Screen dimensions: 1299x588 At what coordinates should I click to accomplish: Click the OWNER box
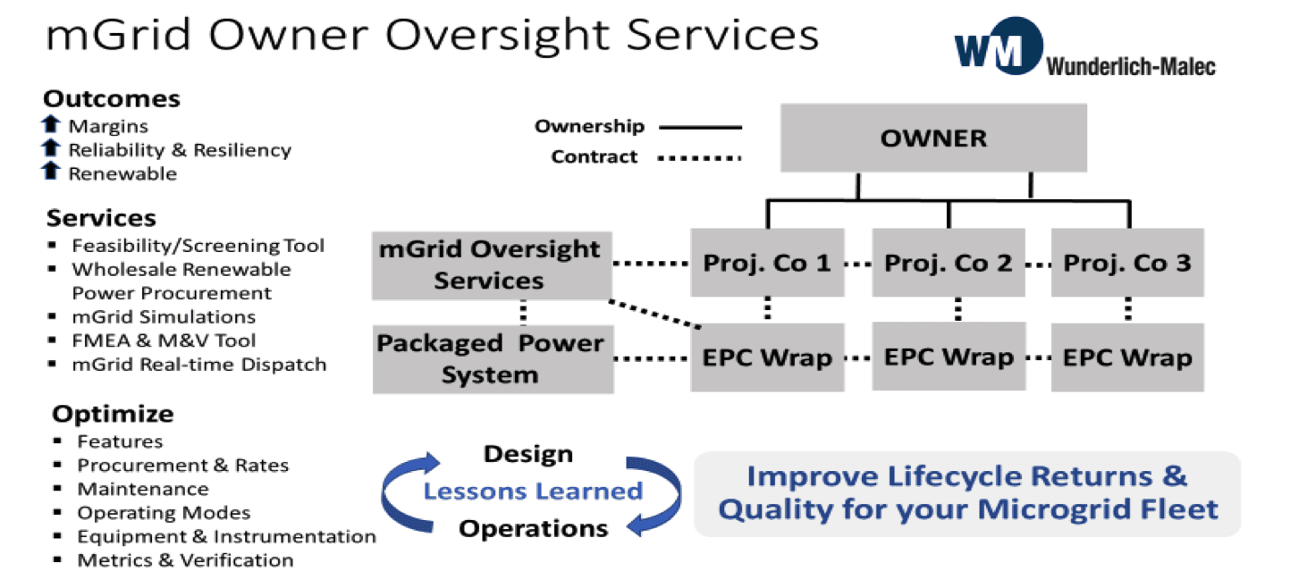pos(933,138)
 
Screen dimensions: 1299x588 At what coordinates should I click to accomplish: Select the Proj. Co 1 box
pos(767,263)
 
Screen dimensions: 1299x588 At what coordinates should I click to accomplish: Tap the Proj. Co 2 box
pos(949,263)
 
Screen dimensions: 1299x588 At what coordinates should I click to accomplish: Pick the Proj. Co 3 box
pos(1127,263)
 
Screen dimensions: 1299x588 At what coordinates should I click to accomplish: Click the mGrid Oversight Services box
pos(492,265)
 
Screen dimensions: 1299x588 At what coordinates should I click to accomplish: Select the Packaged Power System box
pos(493,359)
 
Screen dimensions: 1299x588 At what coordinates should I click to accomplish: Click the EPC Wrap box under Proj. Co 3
pos(1127,357)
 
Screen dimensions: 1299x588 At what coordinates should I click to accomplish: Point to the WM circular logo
pos(1000,46)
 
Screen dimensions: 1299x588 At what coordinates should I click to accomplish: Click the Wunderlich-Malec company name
pos(1131,67)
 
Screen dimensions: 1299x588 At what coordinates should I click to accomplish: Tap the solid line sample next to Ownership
pos(701,127)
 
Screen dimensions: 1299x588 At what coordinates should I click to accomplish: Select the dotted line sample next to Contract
pos(699,158)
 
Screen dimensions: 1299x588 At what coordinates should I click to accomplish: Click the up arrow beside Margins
pos(51,123)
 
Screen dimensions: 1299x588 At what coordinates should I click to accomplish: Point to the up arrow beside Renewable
pos(51,171)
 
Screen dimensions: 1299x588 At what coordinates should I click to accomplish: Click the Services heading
pos(102,218)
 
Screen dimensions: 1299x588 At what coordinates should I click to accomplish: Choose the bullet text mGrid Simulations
pos(164,316)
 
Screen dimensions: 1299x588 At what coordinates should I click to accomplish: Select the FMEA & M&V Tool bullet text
pos(164,340)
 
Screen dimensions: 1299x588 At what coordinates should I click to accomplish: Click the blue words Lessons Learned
pos(534,491)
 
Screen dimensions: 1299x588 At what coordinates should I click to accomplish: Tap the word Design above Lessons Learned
pos(528,454)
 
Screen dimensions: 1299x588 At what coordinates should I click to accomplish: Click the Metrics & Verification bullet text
pos(186,560)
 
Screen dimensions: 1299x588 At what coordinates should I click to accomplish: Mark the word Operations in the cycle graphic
pos(534,529)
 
